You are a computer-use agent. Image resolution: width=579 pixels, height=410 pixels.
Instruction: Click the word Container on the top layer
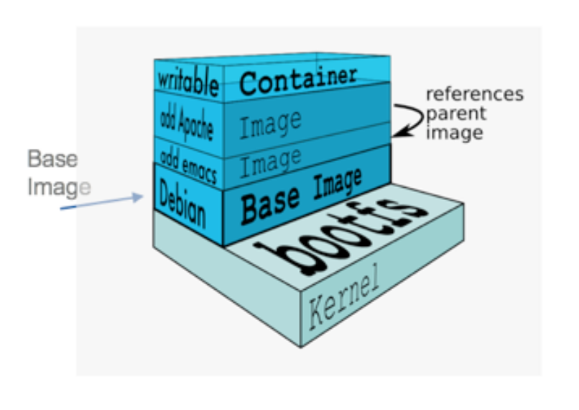(297, 79)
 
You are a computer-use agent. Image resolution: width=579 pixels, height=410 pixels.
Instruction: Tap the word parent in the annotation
(456, 114)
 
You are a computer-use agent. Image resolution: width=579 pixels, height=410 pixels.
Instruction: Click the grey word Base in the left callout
(52, 160)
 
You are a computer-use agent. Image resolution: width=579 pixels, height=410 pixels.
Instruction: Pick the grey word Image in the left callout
(59, 187)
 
